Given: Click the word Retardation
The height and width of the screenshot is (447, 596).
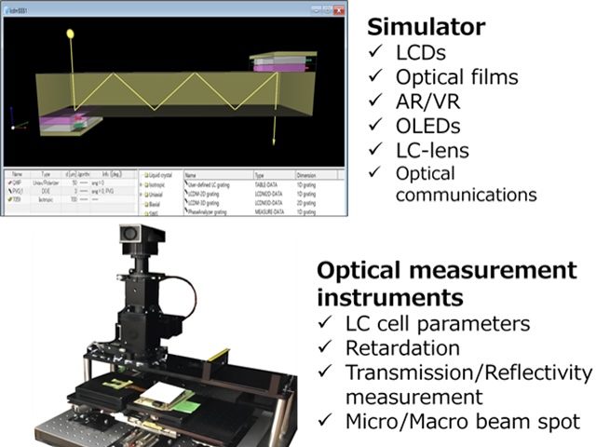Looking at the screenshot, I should (x=402, y=348).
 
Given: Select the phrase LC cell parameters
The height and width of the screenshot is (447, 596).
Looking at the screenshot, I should (x=438, y=324).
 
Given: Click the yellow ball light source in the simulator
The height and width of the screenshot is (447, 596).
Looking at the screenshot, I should (x=71, y=34).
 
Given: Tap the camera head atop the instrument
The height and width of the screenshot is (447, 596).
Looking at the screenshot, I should (x=141, y=240).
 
